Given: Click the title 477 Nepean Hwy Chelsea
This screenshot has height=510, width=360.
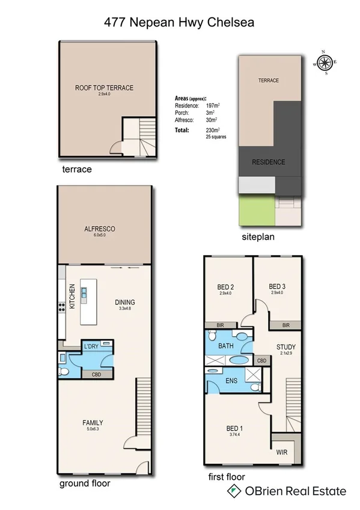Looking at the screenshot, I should [x=180, y=22].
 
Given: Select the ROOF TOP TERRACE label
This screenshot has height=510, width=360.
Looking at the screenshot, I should [x=104, y=88].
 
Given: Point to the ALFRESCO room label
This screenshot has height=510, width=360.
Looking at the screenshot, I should [x=99, y=229].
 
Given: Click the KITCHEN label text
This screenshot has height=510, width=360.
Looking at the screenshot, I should [x=72, y=296].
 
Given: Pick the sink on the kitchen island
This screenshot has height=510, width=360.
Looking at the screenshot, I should [x=84, y=294].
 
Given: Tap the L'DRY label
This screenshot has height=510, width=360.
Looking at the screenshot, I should [x=91, y=346].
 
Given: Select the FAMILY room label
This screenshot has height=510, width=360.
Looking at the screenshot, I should [x=93, y=423].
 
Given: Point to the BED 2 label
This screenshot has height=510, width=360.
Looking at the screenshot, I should [x=225, y=286].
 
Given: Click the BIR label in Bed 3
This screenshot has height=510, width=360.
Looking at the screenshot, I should [x=285, y=325].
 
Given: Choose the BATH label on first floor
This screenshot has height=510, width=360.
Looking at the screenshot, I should [x=226, y=346].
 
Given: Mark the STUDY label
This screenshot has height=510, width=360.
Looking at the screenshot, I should [x=285, y=347].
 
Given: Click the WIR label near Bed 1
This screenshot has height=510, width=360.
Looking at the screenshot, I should [x=282, y=450].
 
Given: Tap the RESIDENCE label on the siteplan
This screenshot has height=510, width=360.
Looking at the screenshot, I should [x=268, y=162].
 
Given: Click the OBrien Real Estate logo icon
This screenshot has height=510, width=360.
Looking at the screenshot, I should [x=231, y=491].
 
